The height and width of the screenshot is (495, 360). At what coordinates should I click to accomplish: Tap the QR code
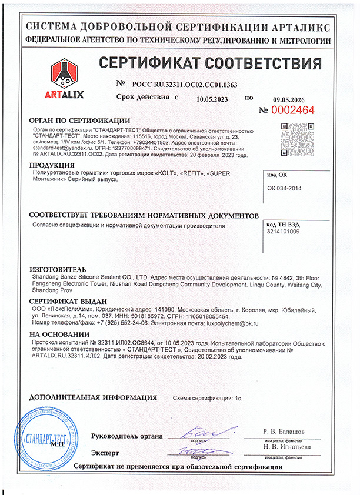[x=295, y=136]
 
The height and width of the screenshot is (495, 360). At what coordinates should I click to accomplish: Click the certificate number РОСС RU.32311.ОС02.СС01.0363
[x=185, y=85]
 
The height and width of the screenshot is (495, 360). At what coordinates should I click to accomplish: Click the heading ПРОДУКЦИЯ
[x=52, y=165]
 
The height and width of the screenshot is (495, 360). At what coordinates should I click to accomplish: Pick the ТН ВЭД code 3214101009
[x=283, y=231]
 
